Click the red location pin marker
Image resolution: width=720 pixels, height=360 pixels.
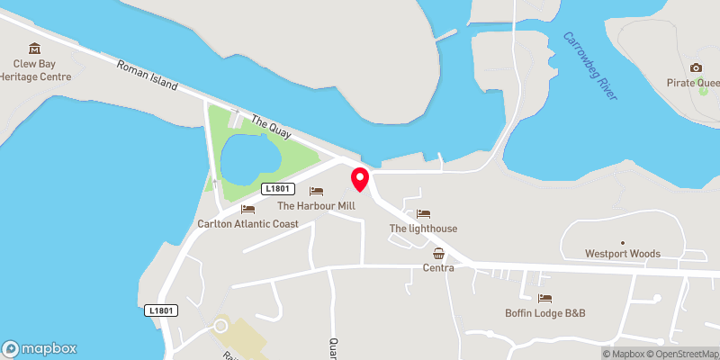point(360,178)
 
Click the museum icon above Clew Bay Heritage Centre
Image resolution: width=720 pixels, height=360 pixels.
point(35,48)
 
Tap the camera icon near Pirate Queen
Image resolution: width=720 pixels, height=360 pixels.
point(696,67)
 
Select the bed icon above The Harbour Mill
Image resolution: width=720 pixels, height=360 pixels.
point(316,191)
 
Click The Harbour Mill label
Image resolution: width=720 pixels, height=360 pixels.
point(316,205)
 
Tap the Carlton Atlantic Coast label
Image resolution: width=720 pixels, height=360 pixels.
point(247,223)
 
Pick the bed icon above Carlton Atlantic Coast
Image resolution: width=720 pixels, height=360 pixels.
point(247,209)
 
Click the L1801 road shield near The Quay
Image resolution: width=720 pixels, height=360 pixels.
point(277,189)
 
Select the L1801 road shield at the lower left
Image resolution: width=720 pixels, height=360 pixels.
point(163,310)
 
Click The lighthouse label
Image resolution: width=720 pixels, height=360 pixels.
point(423,229)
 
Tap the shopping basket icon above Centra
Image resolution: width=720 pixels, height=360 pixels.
point(438,253)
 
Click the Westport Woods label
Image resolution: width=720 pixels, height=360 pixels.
point(622,254)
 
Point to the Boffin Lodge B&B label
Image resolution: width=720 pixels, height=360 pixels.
point(544,313)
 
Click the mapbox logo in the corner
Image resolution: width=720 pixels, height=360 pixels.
point(40,348)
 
